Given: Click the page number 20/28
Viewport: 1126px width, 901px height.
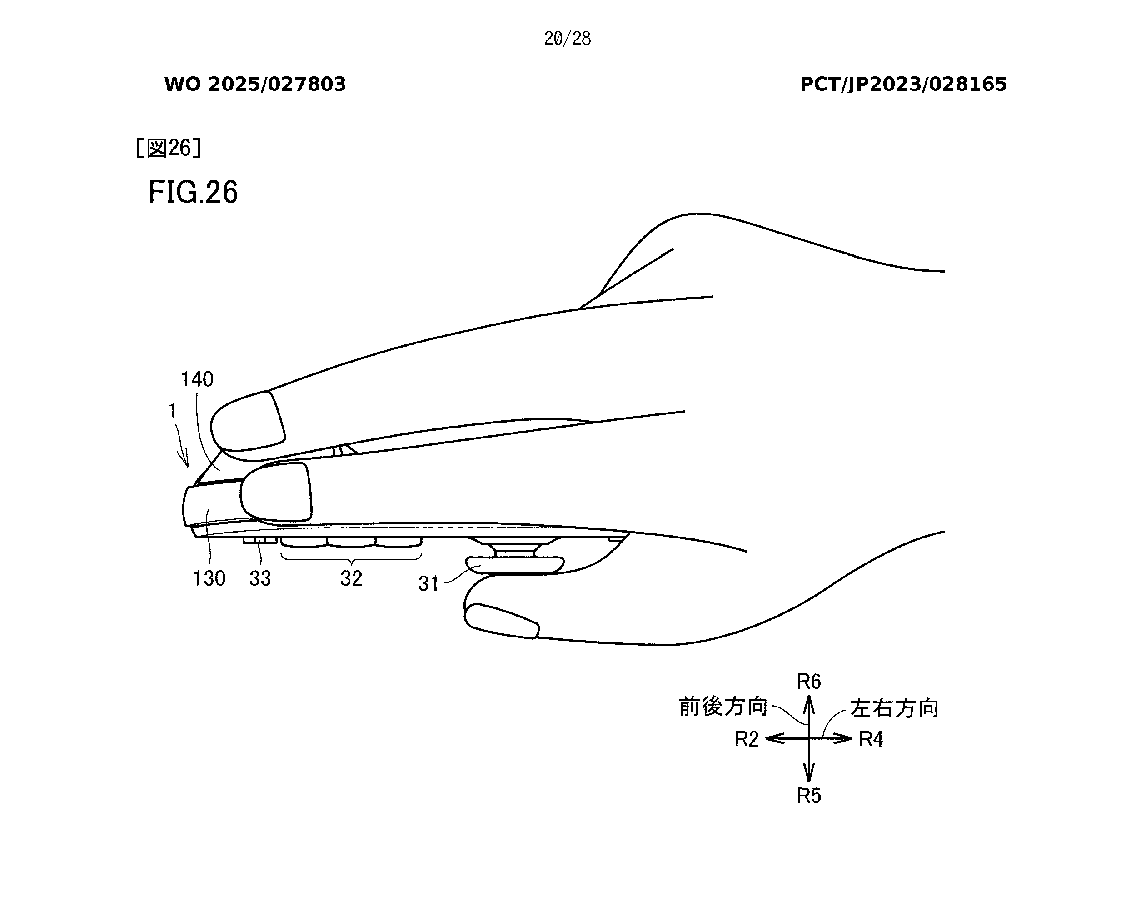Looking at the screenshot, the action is click(x=567, y=39).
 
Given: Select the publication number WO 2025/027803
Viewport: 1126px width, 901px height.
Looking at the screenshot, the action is click(x=255, y=84).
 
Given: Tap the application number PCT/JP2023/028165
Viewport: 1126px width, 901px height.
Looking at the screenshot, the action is click(x=903, y=84).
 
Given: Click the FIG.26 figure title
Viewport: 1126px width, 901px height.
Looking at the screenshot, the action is click(x=193, y=192).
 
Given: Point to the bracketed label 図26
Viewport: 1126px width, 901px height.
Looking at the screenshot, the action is click(x=168, y=148).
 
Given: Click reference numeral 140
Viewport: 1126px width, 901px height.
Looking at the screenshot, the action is click(x=197, y=379).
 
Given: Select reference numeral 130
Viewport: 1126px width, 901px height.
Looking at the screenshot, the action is click(x=209, y=578).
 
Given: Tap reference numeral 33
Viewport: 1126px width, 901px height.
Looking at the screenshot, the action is click(x=260, y=578).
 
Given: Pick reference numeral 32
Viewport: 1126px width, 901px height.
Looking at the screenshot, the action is click(x=351, y=578).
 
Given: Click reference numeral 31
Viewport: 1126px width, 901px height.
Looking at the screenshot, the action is click(x=428, y=583).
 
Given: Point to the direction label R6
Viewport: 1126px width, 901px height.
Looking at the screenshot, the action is click(x=808, y=682).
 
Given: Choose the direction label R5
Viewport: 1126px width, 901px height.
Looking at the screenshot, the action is click(x=808, y=796).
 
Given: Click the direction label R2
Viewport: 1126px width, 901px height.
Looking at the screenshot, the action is click(x=746, y=739).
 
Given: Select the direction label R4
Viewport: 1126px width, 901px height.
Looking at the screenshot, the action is click(x=871, y=739).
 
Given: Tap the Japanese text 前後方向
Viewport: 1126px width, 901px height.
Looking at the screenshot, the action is click(x=723, y=707).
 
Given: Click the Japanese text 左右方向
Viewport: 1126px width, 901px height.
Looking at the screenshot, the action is click(x=894, y=709).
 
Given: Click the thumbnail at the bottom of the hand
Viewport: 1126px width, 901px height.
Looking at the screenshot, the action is click(x=501, y=621).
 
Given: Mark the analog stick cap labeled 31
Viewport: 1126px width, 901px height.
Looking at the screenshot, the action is click(x=515, y=565).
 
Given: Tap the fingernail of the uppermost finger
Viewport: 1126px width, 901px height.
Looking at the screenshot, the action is click(x=249, y=421).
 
